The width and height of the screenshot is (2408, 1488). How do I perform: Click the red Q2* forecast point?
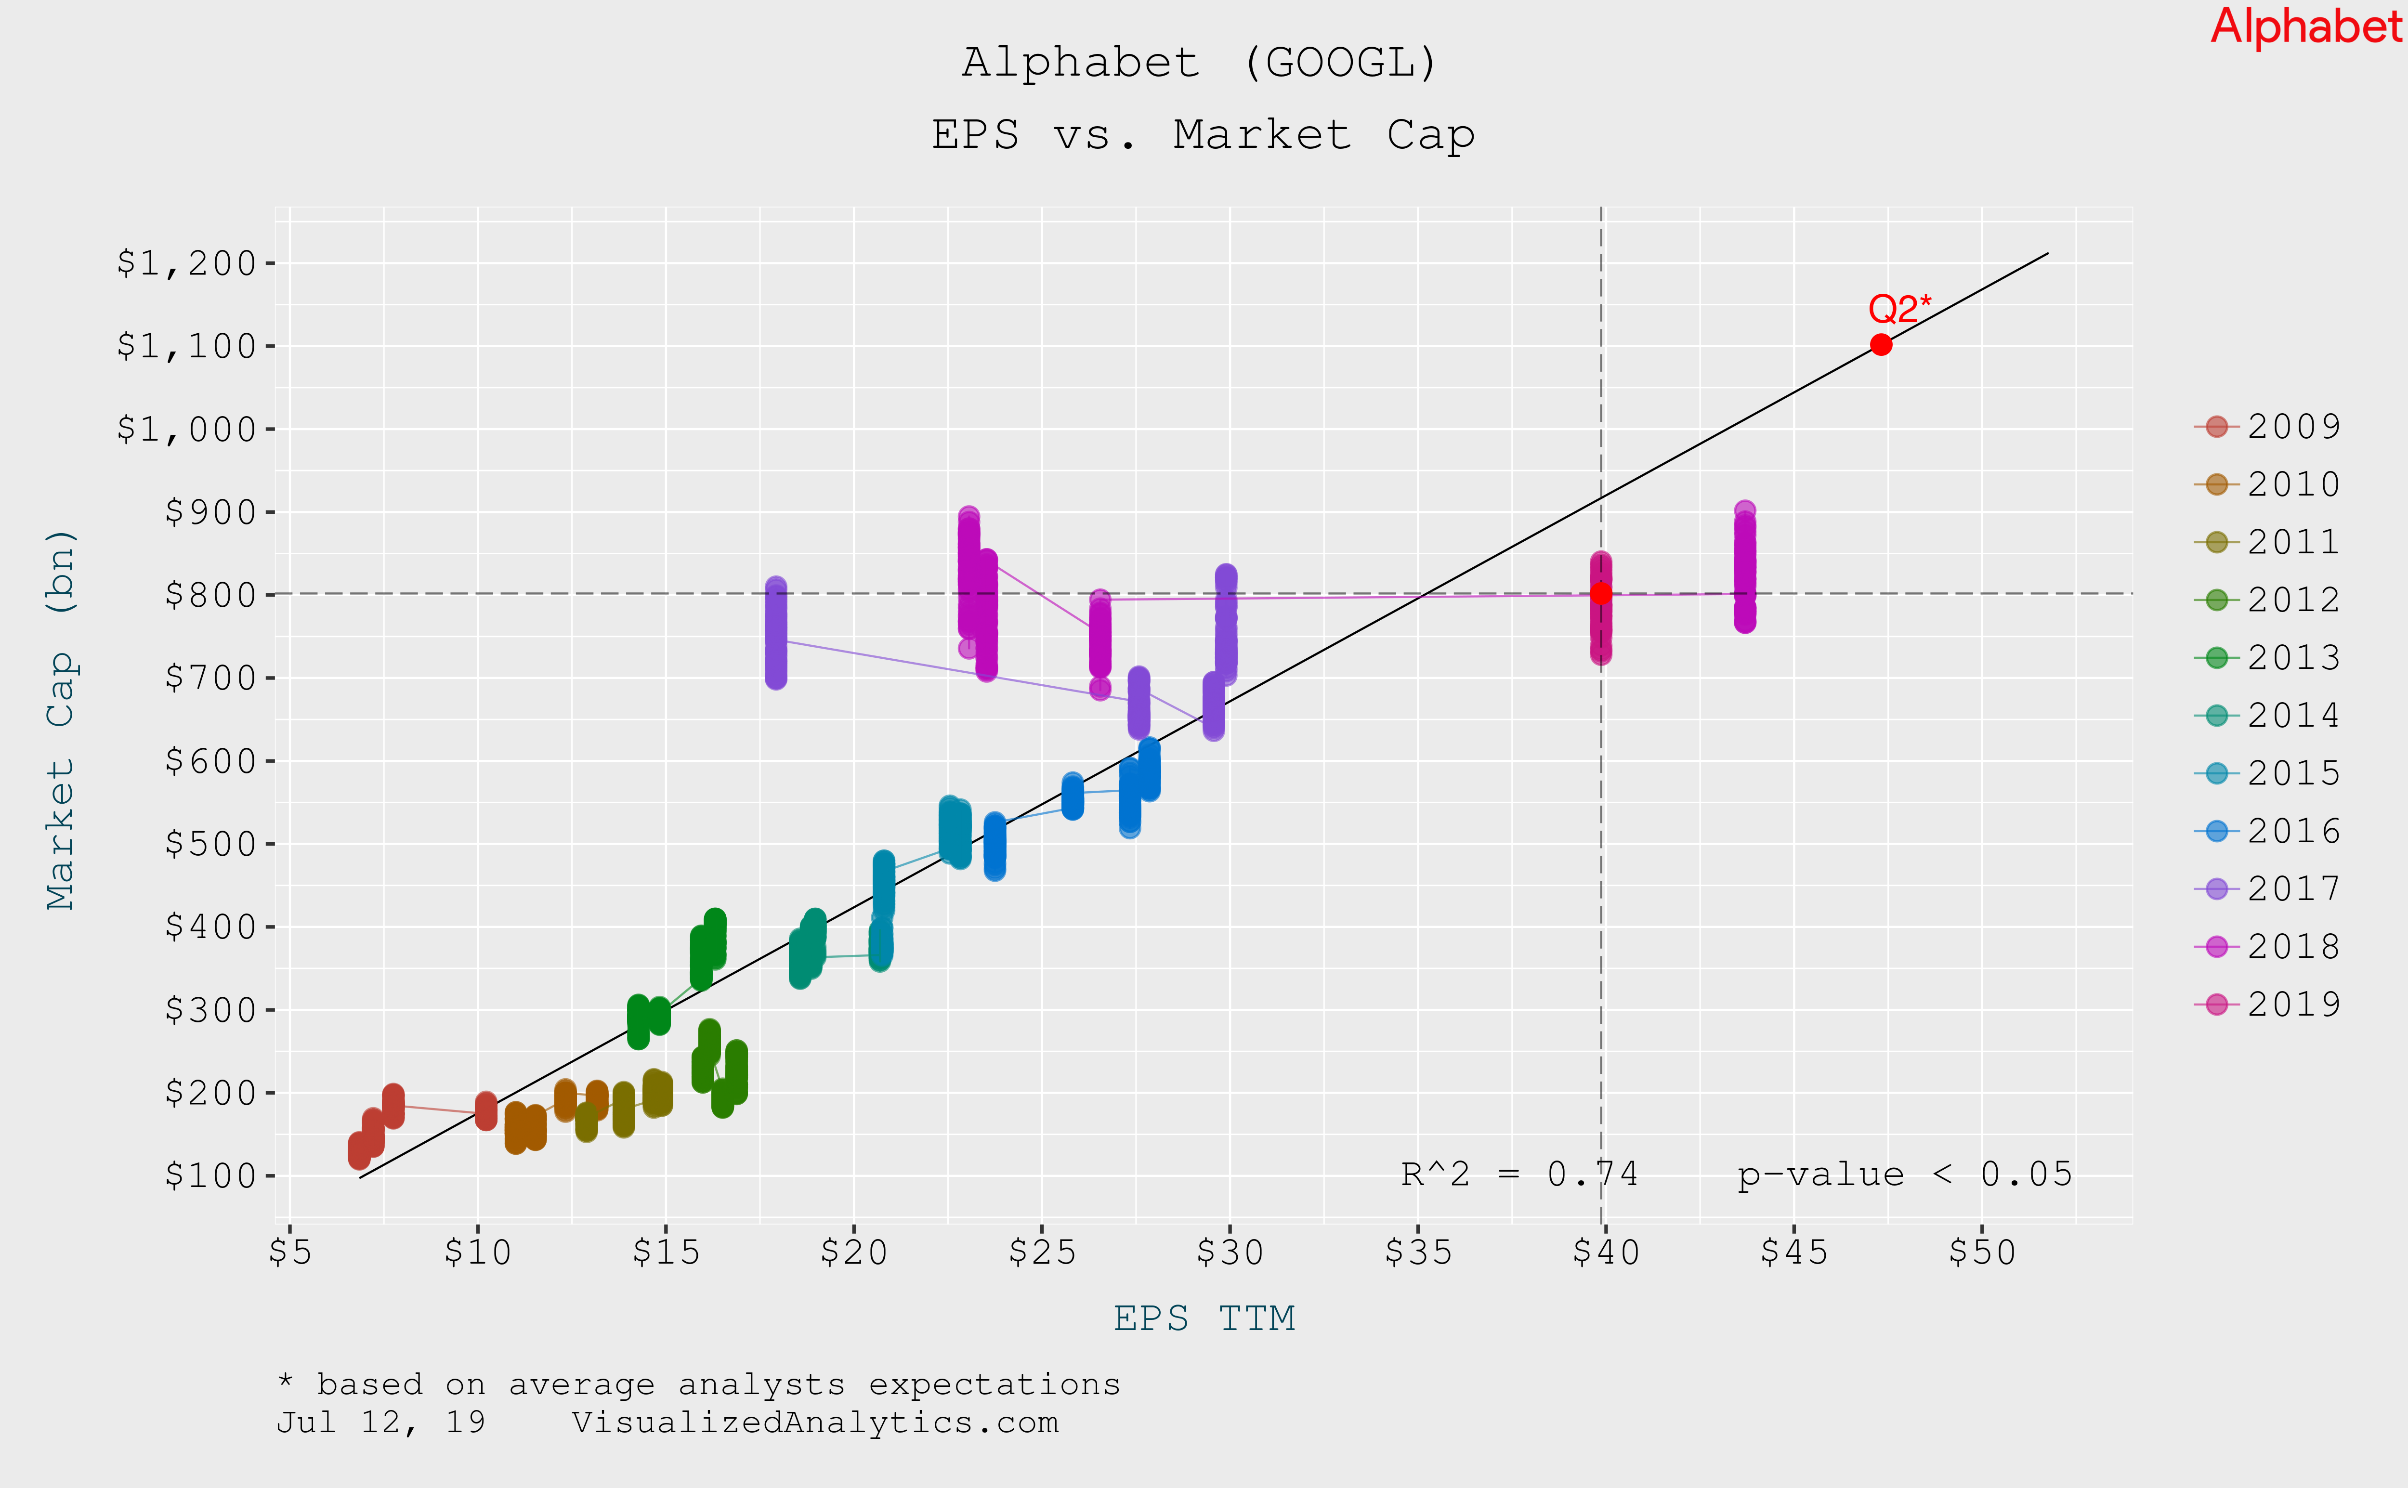point(1881,344)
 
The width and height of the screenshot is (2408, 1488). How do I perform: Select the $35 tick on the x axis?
point(1418,1252)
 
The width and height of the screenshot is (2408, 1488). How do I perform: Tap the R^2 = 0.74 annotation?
point(1519,1174)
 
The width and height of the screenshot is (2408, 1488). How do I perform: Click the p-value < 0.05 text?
point(1904,1174)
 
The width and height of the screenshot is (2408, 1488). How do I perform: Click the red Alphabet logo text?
point(2305,26)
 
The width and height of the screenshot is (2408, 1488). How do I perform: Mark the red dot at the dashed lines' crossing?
point(1601,593)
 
